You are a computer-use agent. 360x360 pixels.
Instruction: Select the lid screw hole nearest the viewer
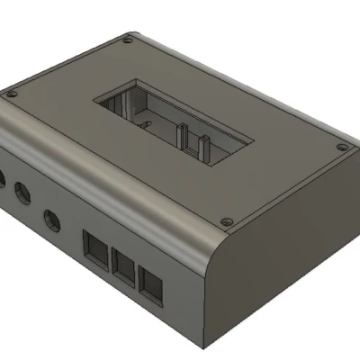[x=227, y=219]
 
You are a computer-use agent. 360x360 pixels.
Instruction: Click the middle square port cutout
[x=124, y=264]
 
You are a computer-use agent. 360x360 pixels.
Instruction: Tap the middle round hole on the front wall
[x=21, y=192]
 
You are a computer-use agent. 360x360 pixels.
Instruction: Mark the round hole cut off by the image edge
[x=2, y=175]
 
